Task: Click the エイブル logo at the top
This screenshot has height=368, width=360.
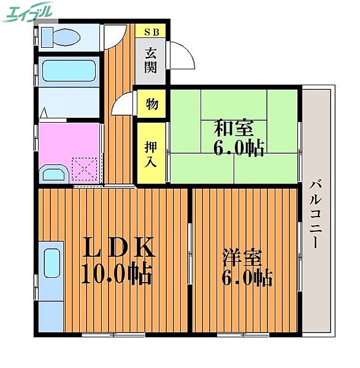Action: point(28,12)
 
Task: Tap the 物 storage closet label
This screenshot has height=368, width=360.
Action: point(151,104)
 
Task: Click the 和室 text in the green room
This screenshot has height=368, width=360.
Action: point(233,129)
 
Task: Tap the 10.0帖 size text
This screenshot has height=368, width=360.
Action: point(117,274)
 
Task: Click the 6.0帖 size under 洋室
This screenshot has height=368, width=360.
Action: point(247,278)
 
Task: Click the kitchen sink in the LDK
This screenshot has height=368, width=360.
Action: point(52,270)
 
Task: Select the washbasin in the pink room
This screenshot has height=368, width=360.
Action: point(56,172)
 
